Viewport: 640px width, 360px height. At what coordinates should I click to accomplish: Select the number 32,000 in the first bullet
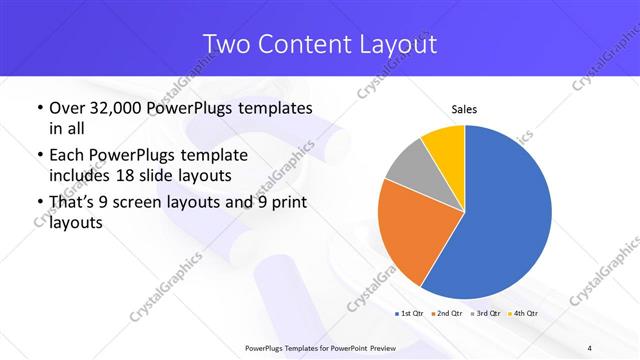tap(113, 107)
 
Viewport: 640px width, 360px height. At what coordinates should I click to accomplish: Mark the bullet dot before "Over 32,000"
tap(38, 108)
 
